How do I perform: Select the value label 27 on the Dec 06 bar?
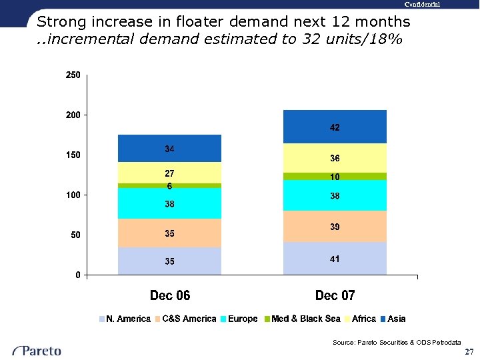pos(170,173)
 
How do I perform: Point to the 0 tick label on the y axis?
pos(78,275)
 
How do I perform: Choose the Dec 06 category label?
pos(170,295)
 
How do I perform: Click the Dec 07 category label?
pos(335,295)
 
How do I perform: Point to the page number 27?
pos(469,351)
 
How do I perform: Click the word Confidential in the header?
pos(421,5)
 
